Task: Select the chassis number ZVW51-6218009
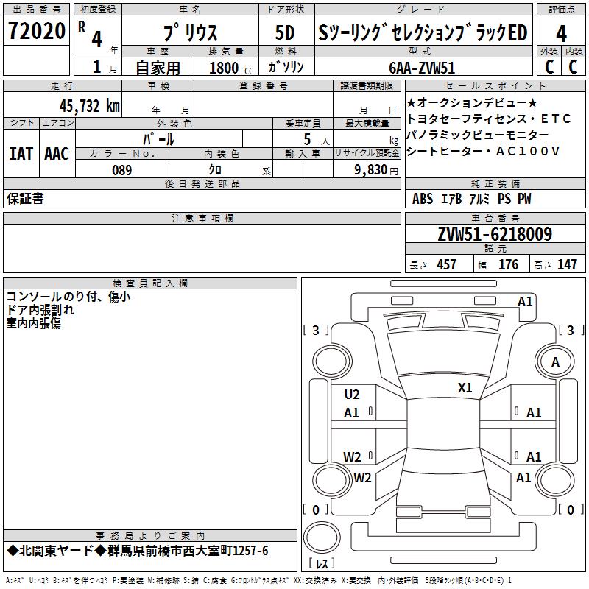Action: pos(495,234)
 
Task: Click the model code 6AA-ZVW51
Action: pos(423,67)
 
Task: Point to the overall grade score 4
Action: pos(562,33)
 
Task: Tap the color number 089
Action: pos(121,169)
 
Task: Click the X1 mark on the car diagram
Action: pos(465,387)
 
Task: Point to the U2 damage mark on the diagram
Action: pos(352,395)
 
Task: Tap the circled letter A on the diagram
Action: pos(555,361)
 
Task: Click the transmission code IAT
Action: pos(21,154)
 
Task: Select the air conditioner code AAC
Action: pos(57,154)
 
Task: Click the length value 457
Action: pos(446,264)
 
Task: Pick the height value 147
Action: pos(567,264)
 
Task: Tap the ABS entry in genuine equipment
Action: pos(423,199)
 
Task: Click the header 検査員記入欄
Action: pos(150,283)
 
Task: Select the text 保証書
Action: pos(25,199)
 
